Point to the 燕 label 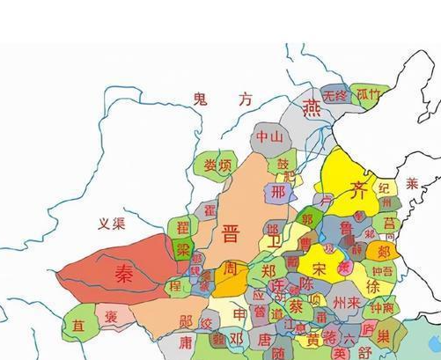(x=312, y=108)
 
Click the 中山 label (x=268, y=137)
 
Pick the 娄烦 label (x=217, y=165)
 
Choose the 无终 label (x=335, y=95)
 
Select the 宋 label (x=320, y=266)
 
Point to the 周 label (x=231, y=268)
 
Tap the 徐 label (x=372, y=287)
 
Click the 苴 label (x=79, y=325)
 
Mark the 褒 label (x=112, y=315)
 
